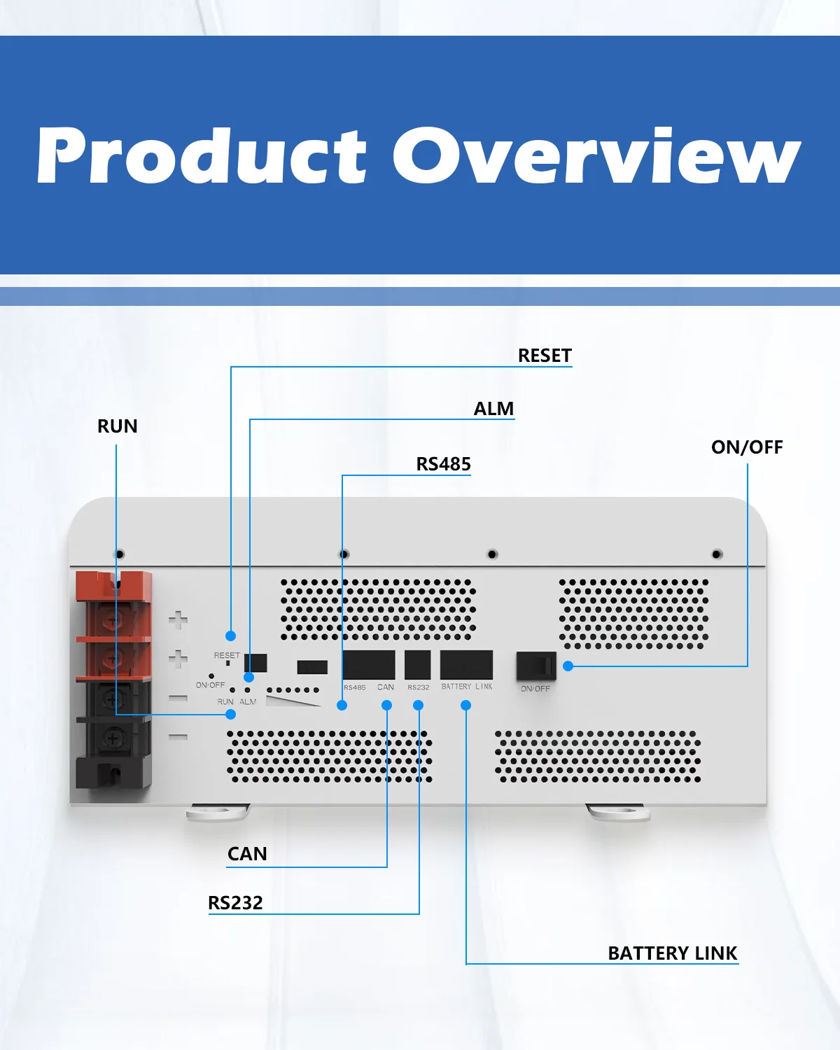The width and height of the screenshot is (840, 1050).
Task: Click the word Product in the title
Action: (x=202, y=155)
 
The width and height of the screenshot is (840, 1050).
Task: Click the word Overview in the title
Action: (x=596, y=155)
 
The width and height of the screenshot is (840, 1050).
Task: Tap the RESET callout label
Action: (x=545, y=356)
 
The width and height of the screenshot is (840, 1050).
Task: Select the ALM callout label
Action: (x=493, y=409)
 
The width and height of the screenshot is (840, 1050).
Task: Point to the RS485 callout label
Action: (x=443, y=464)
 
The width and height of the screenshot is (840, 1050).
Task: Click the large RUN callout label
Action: (x=117, y=426)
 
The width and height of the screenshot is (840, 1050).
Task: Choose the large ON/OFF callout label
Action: (x=747, y=447)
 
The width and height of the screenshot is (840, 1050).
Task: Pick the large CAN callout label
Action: (x=247, y=854)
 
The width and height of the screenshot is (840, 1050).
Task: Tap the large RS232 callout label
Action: (x=235, y=903)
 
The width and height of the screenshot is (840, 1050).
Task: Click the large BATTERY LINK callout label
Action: (x=672, y=953)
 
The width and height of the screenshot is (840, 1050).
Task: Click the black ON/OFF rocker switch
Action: (x=536, y=666)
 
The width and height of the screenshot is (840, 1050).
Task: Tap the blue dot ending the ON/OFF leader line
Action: (x=568, y=666)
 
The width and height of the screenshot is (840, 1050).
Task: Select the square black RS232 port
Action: (x=418, y=665)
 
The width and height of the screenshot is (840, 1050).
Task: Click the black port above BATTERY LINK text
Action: (x=466, y=665)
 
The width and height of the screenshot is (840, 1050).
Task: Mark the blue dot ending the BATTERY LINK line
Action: (x=466, y=706)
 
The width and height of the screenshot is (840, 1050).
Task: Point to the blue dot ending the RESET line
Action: (x=230, y=636)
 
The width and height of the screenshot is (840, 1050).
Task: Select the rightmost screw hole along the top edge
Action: (x=717, y=554)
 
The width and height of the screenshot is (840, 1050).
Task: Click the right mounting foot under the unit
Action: (x=617, y=813)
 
